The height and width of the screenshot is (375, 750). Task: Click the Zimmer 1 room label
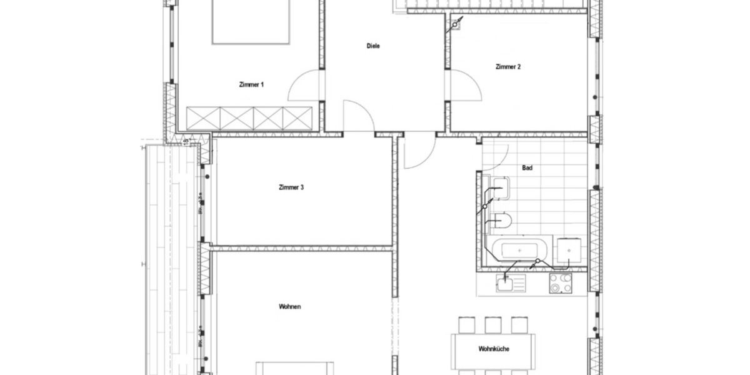tap(251, 84)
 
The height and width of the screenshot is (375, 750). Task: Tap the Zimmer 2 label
tap(507, 67)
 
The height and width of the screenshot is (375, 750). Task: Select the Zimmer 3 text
tap(291, 187)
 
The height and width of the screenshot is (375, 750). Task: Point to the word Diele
tap(373, 46)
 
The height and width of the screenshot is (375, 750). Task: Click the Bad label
tap(527, 168)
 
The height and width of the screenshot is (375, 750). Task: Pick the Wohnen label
tap(291, 306)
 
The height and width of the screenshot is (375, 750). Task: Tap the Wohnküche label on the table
tap(493, 349)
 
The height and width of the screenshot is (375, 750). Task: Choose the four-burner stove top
tap(560, 284)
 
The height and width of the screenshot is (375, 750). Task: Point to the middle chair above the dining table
tap(493, 325)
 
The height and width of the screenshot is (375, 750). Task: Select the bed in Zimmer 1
tap(251, 22)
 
